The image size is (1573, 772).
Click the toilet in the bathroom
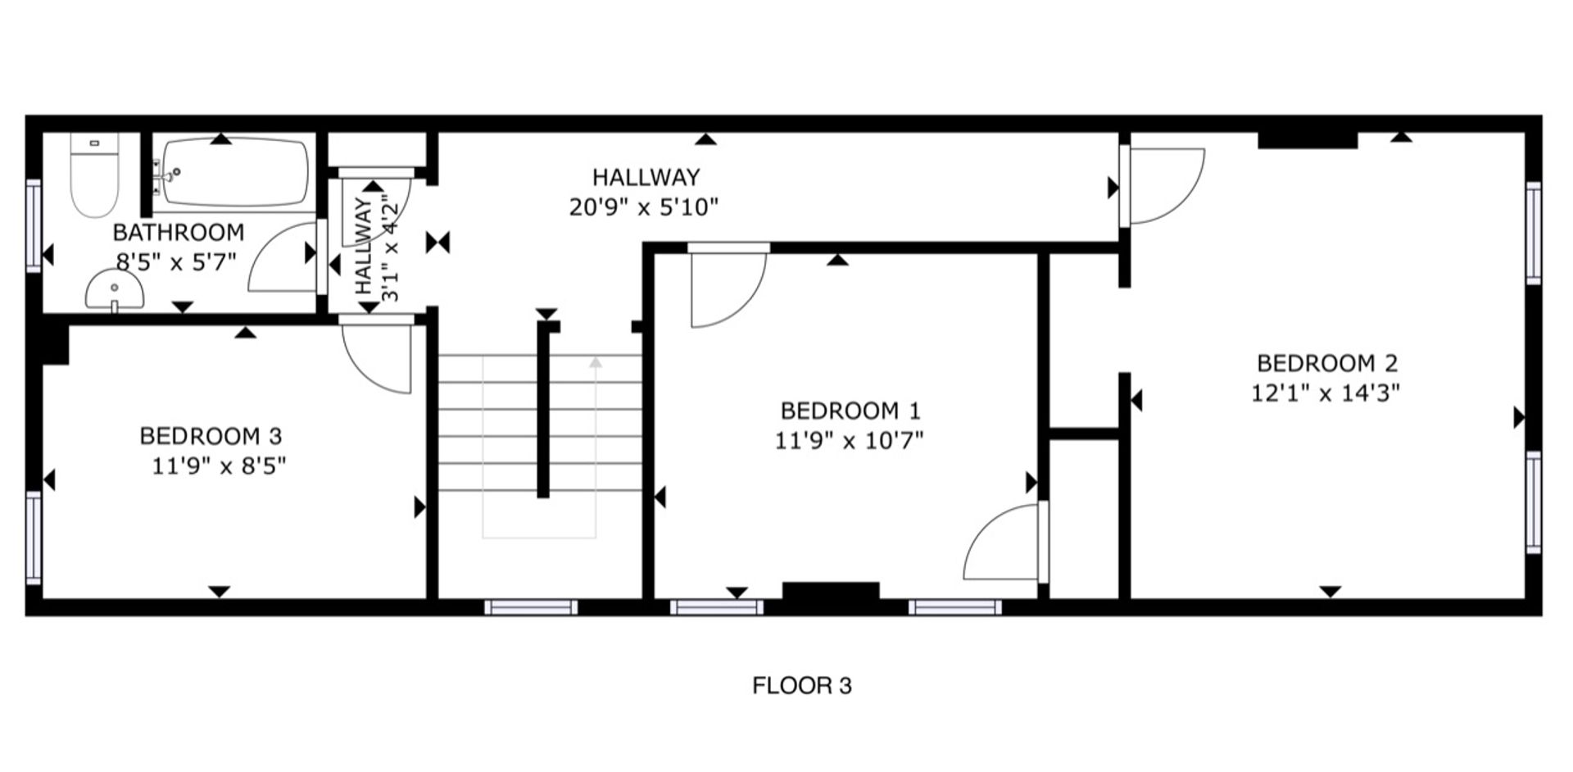(x=94, y=175)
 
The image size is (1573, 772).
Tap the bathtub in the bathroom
(x=235, y=173)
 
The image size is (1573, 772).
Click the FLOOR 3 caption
(x=802, y=685)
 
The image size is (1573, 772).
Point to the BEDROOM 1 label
(x=850, y=411)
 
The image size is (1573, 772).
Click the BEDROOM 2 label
(x=1327, y=363)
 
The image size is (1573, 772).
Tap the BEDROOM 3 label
(x=211, y=436)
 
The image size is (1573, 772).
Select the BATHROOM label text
(x=179, y=233)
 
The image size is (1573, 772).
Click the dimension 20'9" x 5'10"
(x=644, y=207)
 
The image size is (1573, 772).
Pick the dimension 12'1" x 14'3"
(x=1326, y=393)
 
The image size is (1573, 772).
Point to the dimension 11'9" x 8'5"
(x=219, y=466)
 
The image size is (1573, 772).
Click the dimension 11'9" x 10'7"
(x=850, y=441)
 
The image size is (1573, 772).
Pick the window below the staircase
(x=531, y=607)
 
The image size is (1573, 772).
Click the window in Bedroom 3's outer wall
(x=34, y=537)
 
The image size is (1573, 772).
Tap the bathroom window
(x=34, y=225)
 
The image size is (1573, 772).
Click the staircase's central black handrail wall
(x=542, y=410)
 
